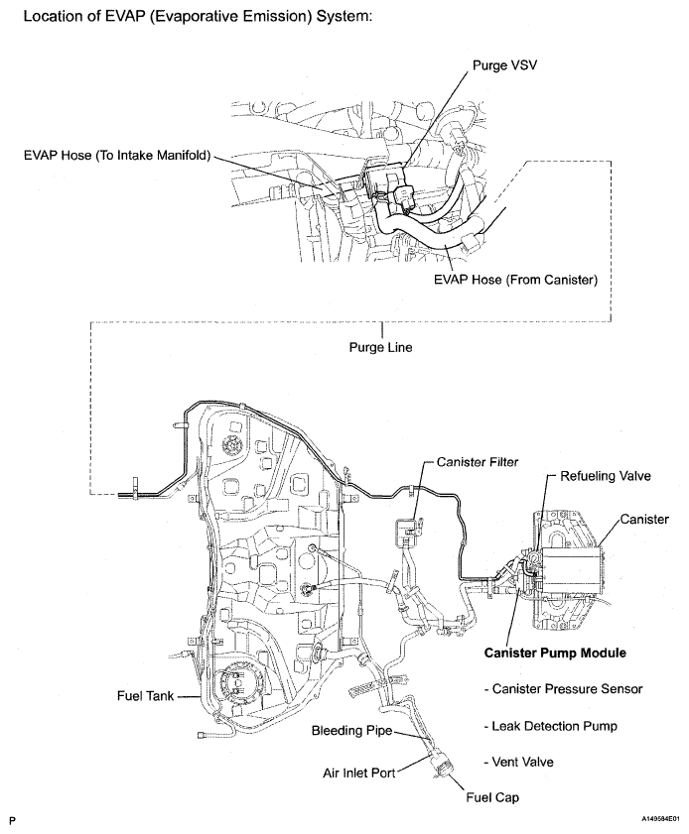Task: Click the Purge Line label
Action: [x=376, y=347]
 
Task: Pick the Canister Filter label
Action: [x=476, y=462]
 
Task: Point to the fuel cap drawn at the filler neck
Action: [x=439, y=767]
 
